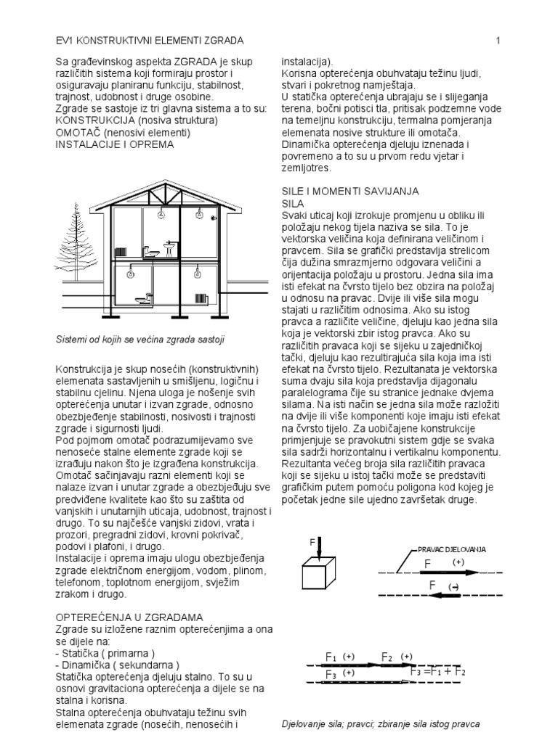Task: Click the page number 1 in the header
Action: (498, 41)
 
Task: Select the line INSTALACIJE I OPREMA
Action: (115, 144)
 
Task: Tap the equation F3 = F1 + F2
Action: (438, 672)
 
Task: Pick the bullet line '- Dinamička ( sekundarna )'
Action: (117, 664)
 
